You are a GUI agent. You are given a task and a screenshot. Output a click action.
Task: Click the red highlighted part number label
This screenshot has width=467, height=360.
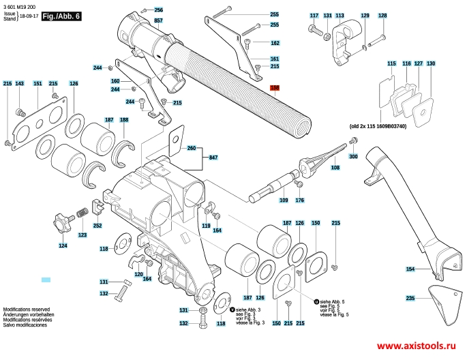tap(275, 88)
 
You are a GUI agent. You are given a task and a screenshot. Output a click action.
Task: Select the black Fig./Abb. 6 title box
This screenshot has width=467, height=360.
tap(61, 15)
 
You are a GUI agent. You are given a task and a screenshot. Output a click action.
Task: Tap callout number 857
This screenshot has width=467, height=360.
tap(158, 22)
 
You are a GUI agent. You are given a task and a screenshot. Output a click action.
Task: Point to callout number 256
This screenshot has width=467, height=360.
tap(158, 10)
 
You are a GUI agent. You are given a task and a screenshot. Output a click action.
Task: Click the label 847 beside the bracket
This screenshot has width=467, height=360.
tap(213, 157)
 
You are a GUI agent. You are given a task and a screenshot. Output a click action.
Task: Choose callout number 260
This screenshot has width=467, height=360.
tap(191, 148)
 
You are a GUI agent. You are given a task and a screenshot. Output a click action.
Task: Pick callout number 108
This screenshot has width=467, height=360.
tap(335, 167)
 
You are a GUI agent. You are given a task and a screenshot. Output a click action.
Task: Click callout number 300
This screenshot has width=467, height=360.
tap(353, 157)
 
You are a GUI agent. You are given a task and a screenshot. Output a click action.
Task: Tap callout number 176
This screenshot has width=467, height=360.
tap(299, 200)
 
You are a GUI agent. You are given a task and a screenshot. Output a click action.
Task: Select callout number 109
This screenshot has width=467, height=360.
tap(284, 200)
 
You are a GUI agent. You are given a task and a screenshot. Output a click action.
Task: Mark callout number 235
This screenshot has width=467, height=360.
tap(410, 299)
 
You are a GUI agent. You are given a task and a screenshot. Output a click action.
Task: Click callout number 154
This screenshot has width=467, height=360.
tap(410, 269)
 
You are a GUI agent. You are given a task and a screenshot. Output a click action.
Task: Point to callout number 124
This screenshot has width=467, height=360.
tap(63, 245)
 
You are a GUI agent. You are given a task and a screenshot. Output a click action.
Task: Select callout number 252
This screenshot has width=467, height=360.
tap(97, 226)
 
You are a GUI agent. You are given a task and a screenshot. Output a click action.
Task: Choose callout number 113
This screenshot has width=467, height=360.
tap(340, 16)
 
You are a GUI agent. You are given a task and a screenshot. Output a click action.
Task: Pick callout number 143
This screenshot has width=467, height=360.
tap(20, 83)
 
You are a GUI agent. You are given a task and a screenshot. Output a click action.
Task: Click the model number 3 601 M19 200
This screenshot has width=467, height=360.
tap(21, 5)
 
